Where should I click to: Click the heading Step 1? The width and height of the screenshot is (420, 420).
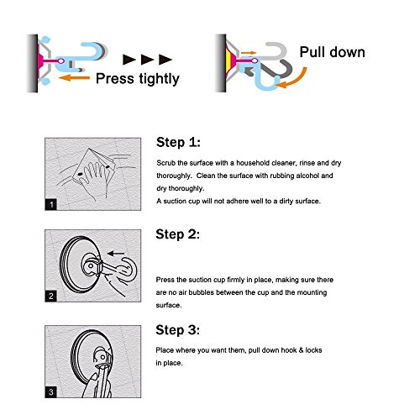(x=178, y=142)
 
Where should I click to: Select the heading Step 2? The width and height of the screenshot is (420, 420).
(x=178, y=234)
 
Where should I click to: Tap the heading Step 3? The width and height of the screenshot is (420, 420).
(x=178, y=330)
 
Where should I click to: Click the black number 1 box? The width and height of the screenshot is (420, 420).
(x=51, y=204)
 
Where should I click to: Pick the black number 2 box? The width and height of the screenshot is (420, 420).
(x=51, y=297)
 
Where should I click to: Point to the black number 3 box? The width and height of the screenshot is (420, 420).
(x=51, y=392)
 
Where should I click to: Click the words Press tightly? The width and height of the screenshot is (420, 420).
(x=138, y=79)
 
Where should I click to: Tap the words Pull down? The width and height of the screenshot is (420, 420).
(x=333, y=52)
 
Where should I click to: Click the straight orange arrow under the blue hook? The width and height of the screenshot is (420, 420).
(x=74, y=77)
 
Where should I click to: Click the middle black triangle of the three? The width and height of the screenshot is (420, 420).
(x=147, y=60)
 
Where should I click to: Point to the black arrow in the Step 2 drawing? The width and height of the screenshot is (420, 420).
(x=116, y=254)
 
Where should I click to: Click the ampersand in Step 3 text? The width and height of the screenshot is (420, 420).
(x=301, y=350)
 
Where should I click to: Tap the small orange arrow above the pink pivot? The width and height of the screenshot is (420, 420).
(x=249, y=53)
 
